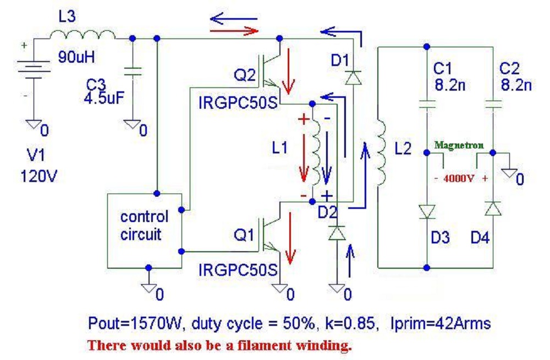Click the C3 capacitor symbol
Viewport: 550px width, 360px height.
pyautogui.click(x=133, y=71)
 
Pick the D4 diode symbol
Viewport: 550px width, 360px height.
pyautogui.click(x=493, y=209)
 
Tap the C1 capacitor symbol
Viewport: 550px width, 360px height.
pyautogui.click(x=427, y=104)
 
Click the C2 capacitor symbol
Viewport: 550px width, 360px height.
pyautogui.click(x=493, y=104)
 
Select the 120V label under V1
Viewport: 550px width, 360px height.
pyautogui.click(x=39, y=177)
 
